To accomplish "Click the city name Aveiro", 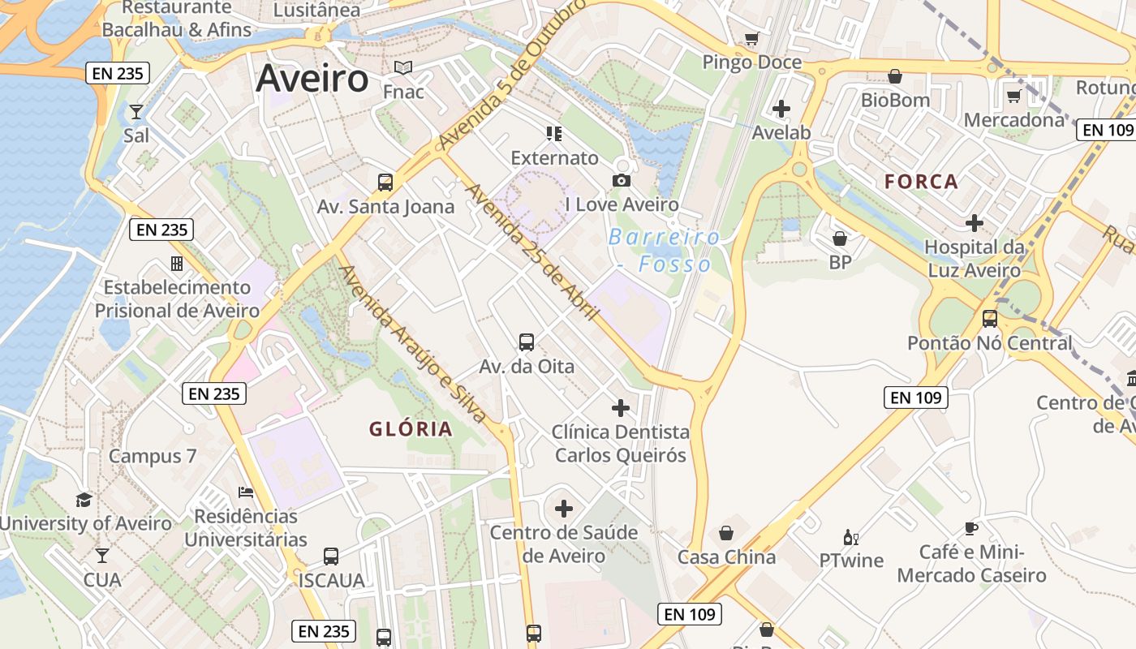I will click(x=312, y=79).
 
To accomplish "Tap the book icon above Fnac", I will click(x=403, y=68).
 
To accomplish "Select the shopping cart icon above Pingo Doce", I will click(x=752, y=38).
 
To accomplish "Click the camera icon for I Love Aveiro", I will click(x=622, y=180).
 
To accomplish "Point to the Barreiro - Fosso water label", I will click(x=664, y=250).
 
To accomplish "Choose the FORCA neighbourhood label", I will click(x=922, y=182).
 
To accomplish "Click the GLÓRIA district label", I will click(x=411, y=429).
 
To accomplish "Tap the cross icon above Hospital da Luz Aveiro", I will click(x=975, y=222).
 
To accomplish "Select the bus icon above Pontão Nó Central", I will click(x=990, y=318).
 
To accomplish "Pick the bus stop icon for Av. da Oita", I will click(x=527, y=342).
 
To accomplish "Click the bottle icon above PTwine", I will click(x=850, y=537).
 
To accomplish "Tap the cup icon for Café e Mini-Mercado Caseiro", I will click(x=971, y=529).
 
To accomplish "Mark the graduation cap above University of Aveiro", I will click(x=84, y=499).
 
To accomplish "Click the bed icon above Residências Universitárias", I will click(x=245, y=492).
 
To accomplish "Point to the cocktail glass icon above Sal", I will click(x=136, y=112).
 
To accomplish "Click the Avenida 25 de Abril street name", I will click(x=531, y=251).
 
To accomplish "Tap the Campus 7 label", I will click(x=153, y=456).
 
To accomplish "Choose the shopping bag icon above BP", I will click(x=840, y=239).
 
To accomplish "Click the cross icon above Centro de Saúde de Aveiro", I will click(x=564, y=509).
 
